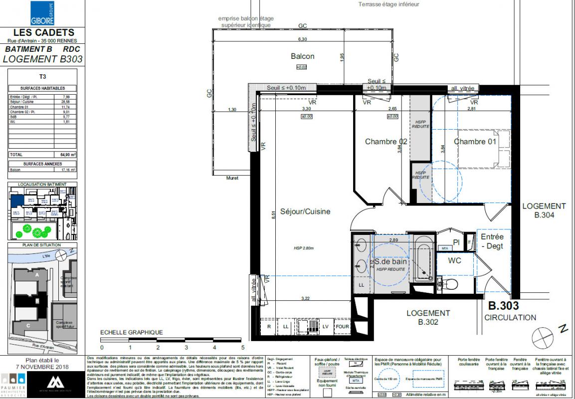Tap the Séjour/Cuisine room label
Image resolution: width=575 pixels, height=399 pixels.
pyautogui.click(x=305, y=211)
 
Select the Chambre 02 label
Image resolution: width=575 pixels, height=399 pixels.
pyautogui.click(x=386, y=142)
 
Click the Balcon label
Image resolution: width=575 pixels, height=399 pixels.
pyautogui.click(x=303, y=56)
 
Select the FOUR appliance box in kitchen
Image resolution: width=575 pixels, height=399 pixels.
pyautogui.click(x=342, y=327)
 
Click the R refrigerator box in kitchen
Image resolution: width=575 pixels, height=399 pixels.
pyautogui.click(x=269, y=327)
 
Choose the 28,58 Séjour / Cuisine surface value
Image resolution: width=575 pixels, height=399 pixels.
pyautogui.click(x=65, y=101)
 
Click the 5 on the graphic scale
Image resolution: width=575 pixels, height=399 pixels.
pyautogui.click(x=243, y=348)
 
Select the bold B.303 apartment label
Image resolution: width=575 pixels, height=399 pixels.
pyautogui.click(x=503, y=306)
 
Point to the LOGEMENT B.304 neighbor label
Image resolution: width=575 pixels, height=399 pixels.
pyautogui.click(x=543, y=210)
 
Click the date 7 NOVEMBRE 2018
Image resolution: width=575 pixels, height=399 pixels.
pyautogui.click(x=42, y=367)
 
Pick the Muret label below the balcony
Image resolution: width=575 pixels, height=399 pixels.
pyautogui.click(x=232, y=178)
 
